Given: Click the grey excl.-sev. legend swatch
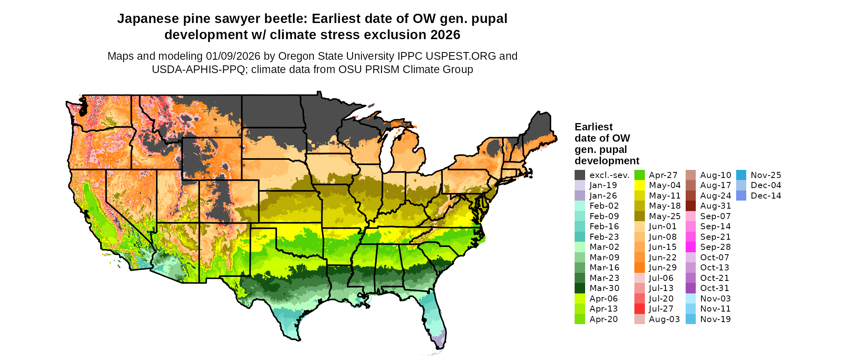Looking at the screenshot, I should tap(580, 175).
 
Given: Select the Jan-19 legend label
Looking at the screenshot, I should tap(603, 185).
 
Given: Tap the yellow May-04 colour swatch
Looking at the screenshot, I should tap(640, 185).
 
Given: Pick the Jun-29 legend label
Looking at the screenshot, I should tap(663, 268).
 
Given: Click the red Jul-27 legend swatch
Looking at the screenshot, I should tap(640, 309).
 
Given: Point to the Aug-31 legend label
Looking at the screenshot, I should tap(716, 206).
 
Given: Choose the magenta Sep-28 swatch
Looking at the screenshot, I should tap(691, 247).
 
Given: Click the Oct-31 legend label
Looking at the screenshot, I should tap(715, 288).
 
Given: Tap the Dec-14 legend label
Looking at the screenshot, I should tap(766, 196).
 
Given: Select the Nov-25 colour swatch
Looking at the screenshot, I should tap(741, 175).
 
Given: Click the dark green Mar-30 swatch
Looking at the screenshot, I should tap(580, 288).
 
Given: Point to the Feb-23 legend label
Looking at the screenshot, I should tap(604, 237).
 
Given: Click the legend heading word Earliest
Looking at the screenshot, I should tap(594, 127).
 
